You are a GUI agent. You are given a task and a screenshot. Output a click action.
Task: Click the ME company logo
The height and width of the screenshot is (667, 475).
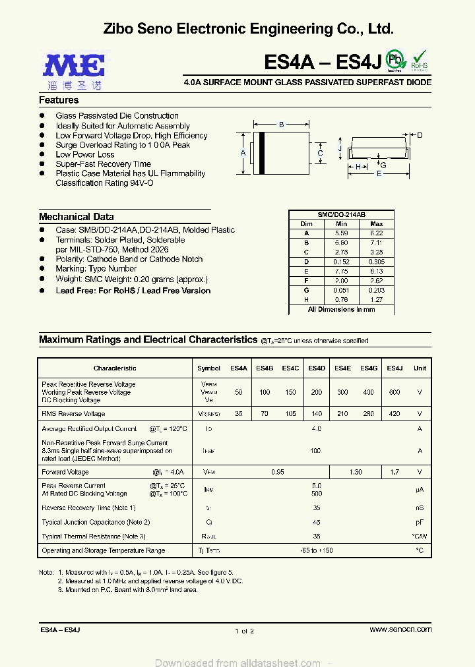73,68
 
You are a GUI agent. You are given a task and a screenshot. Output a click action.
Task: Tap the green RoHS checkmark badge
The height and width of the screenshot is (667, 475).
420,59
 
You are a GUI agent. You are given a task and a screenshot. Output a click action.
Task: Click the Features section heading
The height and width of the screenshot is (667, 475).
59,100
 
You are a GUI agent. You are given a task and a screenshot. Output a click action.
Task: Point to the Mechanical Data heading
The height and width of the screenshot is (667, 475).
76,217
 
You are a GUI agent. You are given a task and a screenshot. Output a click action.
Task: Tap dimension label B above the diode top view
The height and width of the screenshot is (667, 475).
281,125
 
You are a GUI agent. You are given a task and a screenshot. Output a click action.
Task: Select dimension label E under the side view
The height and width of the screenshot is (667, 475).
379,174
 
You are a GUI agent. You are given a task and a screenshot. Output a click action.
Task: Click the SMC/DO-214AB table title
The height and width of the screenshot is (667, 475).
341,215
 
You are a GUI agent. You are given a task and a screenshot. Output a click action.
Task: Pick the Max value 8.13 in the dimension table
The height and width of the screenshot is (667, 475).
376,271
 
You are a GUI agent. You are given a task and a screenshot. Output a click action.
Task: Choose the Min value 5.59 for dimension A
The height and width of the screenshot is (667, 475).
341,233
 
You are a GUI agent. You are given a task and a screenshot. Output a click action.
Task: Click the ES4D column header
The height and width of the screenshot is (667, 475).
316,368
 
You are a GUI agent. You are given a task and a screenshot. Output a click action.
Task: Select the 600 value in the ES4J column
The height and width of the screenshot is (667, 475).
394,392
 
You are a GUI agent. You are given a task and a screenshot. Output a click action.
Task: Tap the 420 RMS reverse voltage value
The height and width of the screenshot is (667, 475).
394,414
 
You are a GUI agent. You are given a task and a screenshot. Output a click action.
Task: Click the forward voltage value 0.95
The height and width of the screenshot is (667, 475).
278,473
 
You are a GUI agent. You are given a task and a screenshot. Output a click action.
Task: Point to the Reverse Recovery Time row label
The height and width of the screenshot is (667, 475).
88,508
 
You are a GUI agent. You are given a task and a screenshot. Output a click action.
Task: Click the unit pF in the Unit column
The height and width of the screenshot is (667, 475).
419,522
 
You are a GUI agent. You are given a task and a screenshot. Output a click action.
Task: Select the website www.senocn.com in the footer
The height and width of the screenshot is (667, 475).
400,630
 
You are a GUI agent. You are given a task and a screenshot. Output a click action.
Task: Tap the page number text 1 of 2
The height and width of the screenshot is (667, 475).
244,631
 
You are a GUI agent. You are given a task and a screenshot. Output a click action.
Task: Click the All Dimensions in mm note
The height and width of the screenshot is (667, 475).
341,309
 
